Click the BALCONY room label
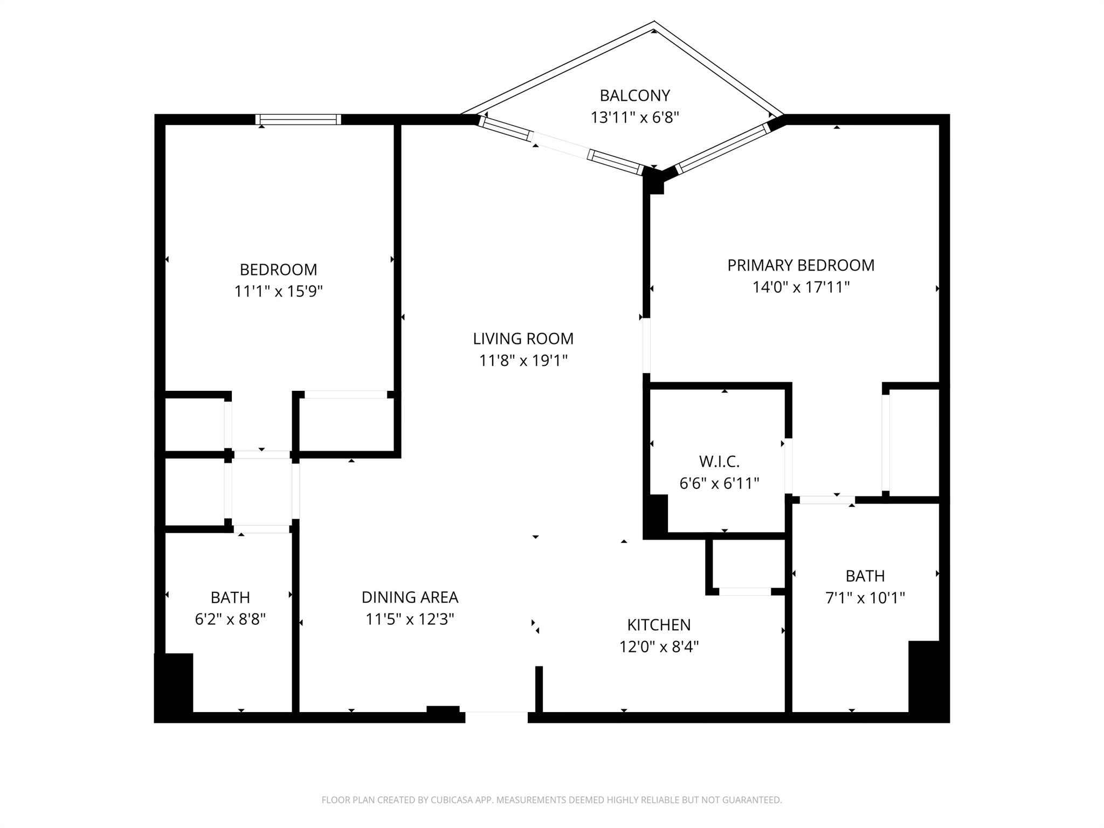634,95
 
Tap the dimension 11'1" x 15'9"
278,292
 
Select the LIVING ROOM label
523,339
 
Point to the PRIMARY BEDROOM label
801,265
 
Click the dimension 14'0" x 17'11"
801,287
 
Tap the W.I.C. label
719,461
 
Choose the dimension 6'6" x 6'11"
719,484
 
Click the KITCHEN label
659,625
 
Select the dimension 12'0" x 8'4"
659,647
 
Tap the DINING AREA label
410,597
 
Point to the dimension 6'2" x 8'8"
230,619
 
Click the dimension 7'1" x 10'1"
865,598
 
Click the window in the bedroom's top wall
298,119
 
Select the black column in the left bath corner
174,684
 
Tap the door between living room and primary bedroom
646,346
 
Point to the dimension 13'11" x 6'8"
634,118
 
